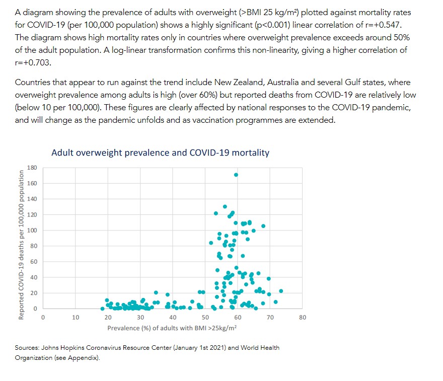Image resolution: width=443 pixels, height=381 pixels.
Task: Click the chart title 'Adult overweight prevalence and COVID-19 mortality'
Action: point(160,153)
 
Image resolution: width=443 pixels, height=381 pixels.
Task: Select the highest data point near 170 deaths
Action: point(236,175)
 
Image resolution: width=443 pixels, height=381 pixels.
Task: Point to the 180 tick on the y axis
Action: point(32,167)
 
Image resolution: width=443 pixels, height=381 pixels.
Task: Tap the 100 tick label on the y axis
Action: point(32,231)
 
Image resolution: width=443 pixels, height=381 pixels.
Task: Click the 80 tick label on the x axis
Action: point(302,318)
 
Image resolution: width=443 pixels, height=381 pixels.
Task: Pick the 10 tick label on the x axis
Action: point(76,318)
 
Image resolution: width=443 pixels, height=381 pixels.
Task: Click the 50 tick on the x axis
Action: point(205,318)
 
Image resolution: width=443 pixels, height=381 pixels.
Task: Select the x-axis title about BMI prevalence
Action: point(172,328)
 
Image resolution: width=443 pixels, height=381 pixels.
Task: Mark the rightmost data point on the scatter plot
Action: point(281,291)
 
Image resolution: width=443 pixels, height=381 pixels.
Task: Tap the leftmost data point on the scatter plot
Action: point(103,309)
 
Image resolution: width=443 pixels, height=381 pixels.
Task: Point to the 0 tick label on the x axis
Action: point(43,318)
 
